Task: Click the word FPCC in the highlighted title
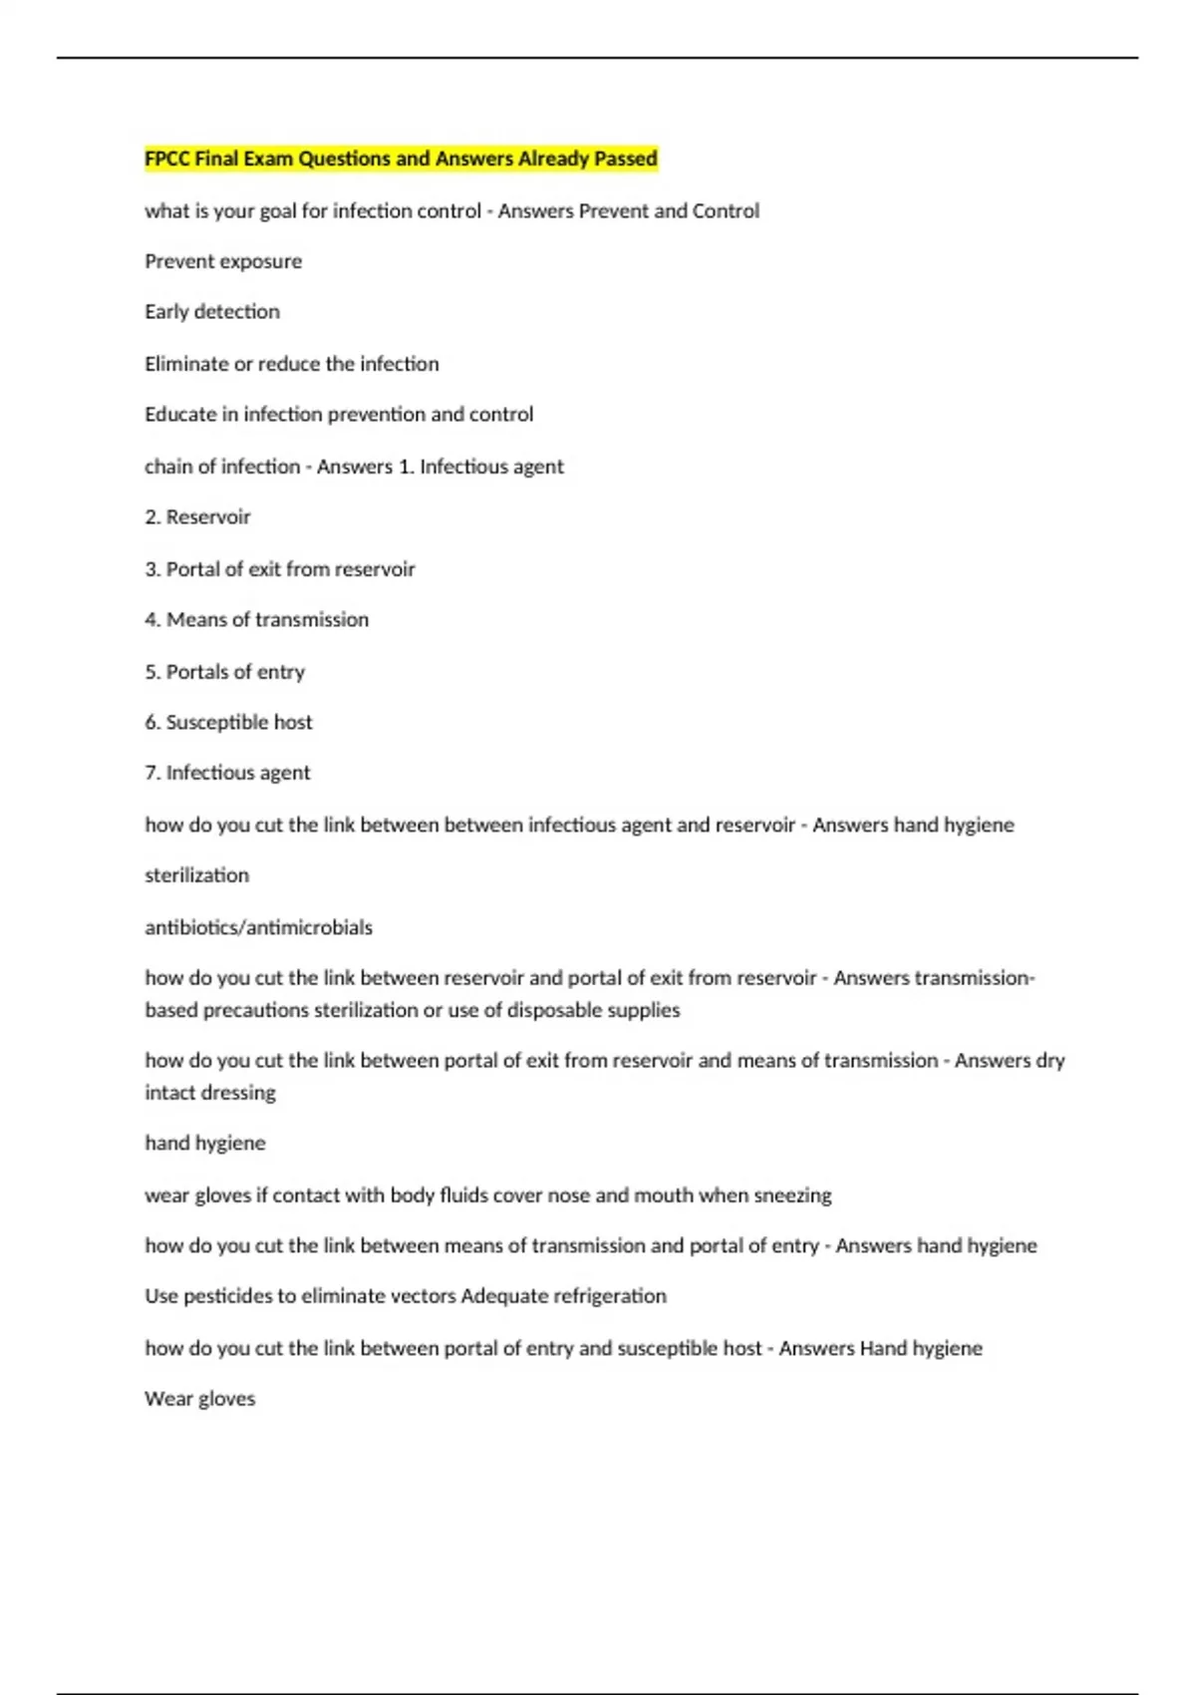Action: pyautogui.click(x=167, y=159)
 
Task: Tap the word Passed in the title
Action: pyautogui.click(x=626, y=159)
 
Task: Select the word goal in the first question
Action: pyautogui.click(x=280, y=211)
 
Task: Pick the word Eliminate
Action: pyautogui.click(x=186, y=364)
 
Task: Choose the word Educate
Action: pyautogui.click(x=180, y=415)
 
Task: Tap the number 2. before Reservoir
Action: pyautogui.click(x=152, y=517)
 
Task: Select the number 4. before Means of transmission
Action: pyautogui.click(x=152, y=620)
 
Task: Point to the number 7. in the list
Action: pyautogui.click(x=152, y=773)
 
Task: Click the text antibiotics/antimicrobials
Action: pyautogui.click(x=258, y=927)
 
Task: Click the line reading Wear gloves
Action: pyautogui.click(x=199, y=1399)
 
